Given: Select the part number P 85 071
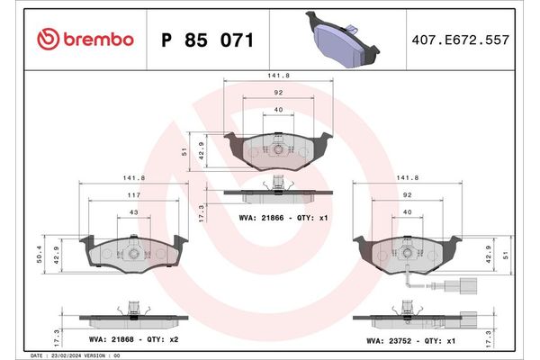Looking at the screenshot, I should (x=206, y=40).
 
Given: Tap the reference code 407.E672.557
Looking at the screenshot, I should (x=459, y=40).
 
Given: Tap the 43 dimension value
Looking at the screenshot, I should (x=134, y=211).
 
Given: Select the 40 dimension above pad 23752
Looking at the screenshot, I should (x=407, y=212).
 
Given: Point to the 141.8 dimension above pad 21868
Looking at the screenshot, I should (x=134, y=178).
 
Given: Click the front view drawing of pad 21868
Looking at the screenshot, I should (x=134, y=252).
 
